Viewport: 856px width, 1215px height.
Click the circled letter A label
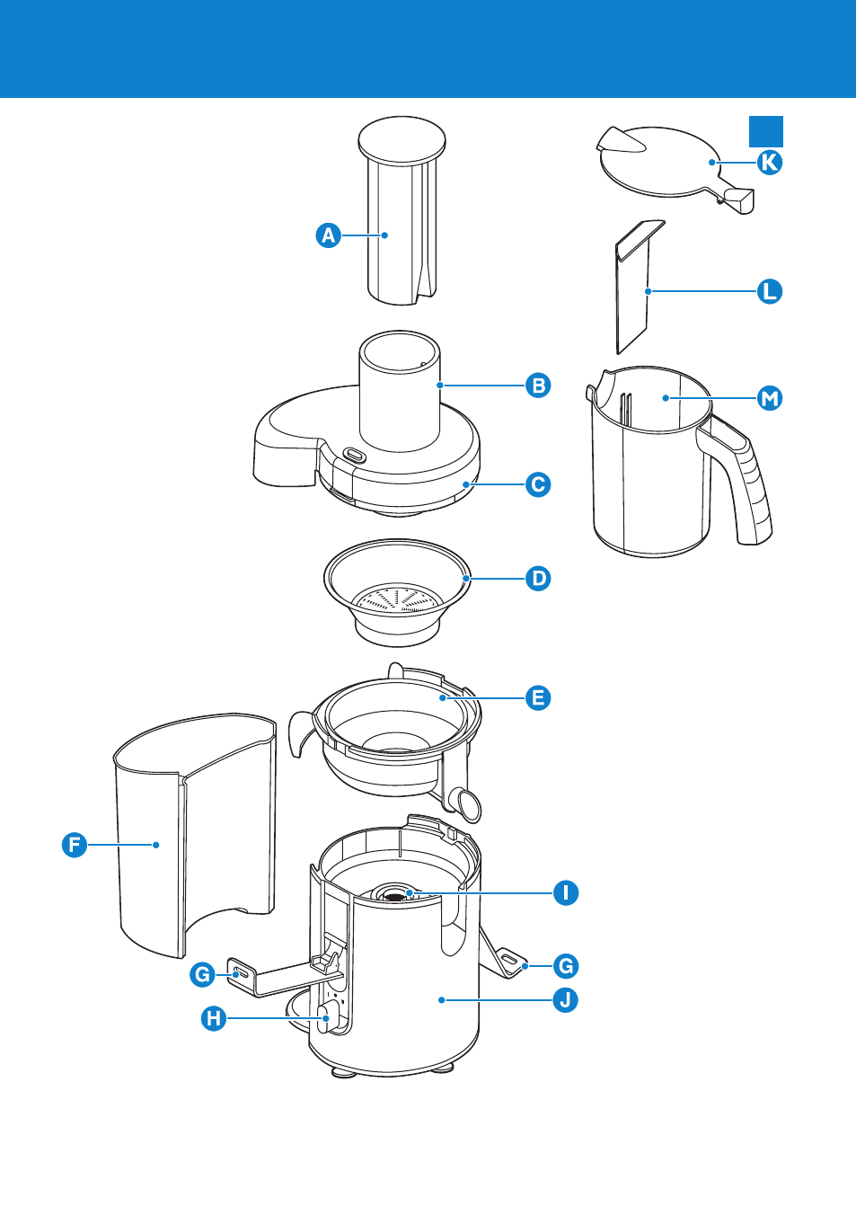click(329, 235)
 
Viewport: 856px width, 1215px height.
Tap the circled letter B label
click(538, 386)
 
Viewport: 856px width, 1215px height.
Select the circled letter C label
click(538, 484)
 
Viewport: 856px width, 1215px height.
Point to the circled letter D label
click(538, 579)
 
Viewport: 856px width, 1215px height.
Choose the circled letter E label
click(538, 697)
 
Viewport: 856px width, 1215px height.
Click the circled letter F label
click(75, 845)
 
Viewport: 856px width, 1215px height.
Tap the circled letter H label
click(214, 1018)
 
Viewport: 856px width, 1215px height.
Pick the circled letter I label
click(565, 893)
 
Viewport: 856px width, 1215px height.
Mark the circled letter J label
click(565, 999)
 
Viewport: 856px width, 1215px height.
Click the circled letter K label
click(770, 163)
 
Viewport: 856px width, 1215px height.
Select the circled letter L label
click(770, 291)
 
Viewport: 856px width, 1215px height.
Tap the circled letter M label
click(770, 398)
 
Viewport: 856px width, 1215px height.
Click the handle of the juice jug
click(747, 485)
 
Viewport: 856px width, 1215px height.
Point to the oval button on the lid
click(354, 456)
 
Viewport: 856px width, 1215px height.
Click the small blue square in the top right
click(766, 131)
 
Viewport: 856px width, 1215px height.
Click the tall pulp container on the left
click(193, 836)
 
